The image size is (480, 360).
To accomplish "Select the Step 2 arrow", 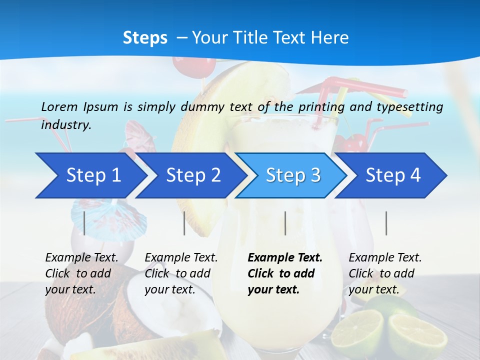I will point(192,175).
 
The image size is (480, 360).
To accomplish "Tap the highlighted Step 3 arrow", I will point(292,175).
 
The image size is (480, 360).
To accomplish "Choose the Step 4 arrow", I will point(392,175).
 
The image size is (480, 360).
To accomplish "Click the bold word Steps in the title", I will point(145,37).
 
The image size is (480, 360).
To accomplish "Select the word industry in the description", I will point(65,125).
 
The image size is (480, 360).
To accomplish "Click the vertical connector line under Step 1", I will point(84,223).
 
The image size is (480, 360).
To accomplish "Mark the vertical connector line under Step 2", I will point(184,223).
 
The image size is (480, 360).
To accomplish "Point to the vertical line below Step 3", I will point(285,223).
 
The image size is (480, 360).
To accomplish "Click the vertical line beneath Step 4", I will point(386,223).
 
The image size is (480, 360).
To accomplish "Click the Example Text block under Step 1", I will point(81,273).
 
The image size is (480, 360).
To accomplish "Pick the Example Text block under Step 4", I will point(384,273).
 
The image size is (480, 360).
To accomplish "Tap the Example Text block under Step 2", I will point(181,273).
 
